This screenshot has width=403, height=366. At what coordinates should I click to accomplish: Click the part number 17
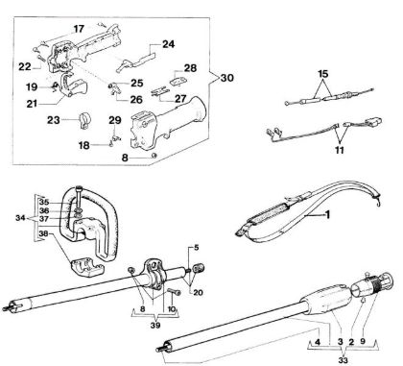(79, 30)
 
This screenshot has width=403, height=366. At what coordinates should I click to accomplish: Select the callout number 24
(168, 43)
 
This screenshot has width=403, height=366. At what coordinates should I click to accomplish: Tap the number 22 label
(24, 66)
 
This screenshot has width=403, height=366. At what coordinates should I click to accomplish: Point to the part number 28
(190, 68)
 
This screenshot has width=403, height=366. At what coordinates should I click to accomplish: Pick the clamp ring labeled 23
(80, 123)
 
